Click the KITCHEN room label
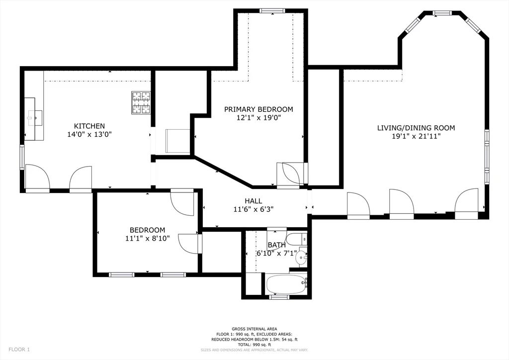click(89, 126)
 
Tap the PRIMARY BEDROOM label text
click(258, 109)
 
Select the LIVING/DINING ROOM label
click(416, 128)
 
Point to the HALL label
click(254, 201)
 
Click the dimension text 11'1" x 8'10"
click(147, 239)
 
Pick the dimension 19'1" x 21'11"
click(416, 136)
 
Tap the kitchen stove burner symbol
click(141, 102)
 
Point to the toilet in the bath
click(297, 240)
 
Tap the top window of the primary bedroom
click(272, 11)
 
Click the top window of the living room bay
click(442, 12)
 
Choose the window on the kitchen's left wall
click(22, 157)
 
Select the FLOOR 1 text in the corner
click(19, 350)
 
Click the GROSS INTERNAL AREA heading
click(254, 329)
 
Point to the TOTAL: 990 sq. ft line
click(254, 345)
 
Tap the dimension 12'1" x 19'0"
click(258, 117)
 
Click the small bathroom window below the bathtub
click(279, 297)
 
